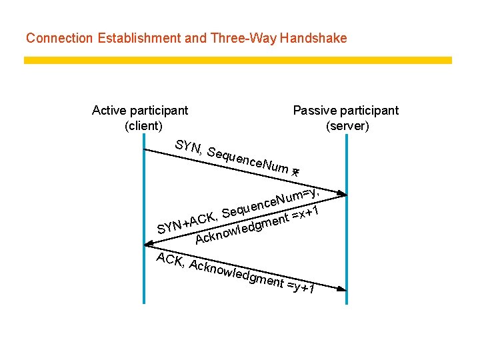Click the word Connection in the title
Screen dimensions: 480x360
60,38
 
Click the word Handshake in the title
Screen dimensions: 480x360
314,38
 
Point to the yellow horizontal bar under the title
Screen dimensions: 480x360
238,60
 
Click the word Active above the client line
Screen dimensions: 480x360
110,110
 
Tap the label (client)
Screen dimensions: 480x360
143,125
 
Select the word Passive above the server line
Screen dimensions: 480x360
315,110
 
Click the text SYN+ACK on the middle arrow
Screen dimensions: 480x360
186,223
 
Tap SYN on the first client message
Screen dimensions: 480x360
187,147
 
